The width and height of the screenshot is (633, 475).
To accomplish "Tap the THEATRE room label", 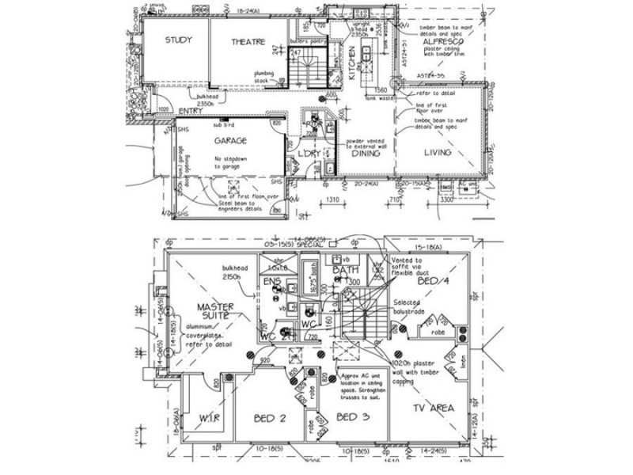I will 248,42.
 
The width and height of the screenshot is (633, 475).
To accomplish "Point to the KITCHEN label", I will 353,64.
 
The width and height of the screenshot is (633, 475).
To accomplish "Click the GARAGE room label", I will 231,141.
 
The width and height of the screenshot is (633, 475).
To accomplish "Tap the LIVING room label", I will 437,152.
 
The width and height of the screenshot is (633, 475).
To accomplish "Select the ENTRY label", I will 191,112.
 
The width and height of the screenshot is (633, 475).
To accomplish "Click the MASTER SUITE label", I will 212,310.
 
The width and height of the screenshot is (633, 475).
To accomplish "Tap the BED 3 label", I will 351,416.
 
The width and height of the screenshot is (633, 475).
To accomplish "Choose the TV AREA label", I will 434,408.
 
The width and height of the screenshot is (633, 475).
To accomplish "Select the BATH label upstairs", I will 346,271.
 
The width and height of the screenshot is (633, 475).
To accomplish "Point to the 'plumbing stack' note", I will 263,76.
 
